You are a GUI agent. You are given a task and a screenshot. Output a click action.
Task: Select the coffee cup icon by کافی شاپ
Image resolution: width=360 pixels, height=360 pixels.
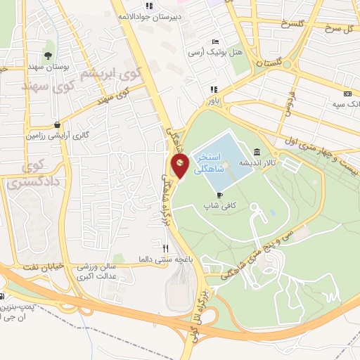pyautogui.click(x=220, y=195)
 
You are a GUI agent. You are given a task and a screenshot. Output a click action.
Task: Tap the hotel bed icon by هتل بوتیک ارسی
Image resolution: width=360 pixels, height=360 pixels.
pyautogui.click(x=214, y=40)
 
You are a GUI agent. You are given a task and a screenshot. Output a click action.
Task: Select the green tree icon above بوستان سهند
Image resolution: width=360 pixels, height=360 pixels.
pyautogui.click(x=48, y=56)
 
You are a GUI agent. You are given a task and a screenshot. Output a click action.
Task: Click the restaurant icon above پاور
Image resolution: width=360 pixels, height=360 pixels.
pyautogui.click(x=213, y=89)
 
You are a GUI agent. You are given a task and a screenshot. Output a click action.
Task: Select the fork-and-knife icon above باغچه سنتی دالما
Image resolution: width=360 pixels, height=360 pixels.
pyautogui.click(x=166, y=247)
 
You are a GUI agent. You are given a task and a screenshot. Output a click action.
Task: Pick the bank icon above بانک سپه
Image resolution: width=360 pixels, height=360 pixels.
pyautogui.click(x=347, y=94)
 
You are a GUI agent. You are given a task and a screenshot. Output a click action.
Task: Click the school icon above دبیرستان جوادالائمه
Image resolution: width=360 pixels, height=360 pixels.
pyautogui.click(x=148, y=6)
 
